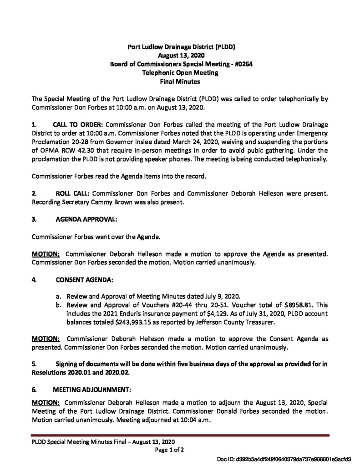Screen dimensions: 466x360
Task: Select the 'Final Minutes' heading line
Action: click(x=181, y=81)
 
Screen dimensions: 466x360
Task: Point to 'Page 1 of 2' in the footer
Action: click(x=170, y=450)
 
